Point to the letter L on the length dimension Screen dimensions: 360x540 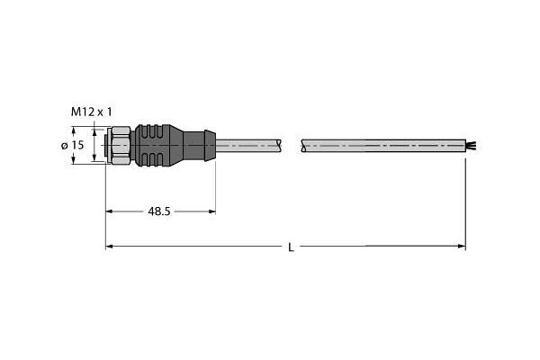[290, 247]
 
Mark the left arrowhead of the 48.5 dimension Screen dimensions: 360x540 [111, 211]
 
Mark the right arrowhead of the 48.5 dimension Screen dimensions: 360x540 [211, 211]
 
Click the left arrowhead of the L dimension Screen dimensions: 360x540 [110, 247]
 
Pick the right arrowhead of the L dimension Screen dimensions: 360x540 [461, 247]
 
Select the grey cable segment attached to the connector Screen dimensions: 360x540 [247, 145]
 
